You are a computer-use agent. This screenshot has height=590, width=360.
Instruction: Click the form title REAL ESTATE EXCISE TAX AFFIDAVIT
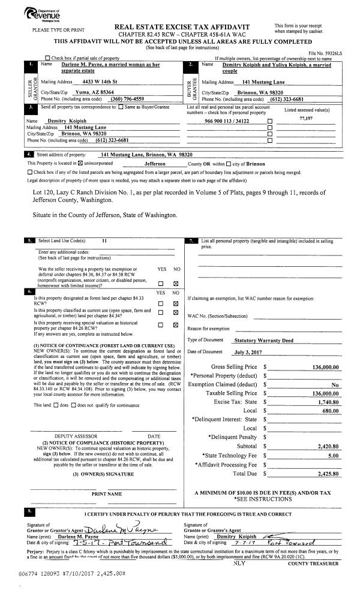(181, 26)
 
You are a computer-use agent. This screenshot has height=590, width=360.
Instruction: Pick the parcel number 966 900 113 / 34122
(227, 121)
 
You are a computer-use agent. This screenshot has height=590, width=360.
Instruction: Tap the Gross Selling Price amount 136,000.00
(326, 366)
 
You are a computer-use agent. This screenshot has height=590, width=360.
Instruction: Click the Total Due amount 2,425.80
(328, 474)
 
